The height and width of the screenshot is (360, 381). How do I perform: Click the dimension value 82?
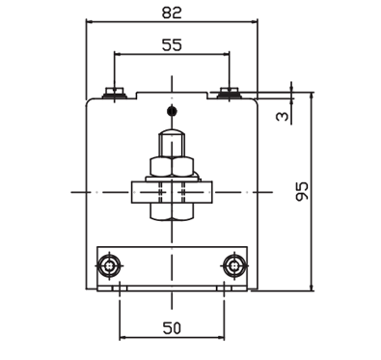pyautogui.click(x=172, y=13)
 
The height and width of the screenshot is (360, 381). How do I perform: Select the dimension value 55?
pyautogui.click(x=172, y=45)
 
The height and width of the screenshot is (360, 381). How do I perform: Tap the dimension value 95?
pyautogui.click(x=302, y=191)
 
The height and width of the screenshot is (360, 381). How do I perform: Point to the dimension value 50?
pyautogui.click(x=172, y=328)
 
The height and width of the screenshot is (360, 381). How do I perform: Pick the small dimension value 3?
pyautogui.click(x=283, y=116)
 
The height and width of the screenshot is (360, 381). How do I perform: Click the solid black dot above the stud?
pyautogui.click(x=173, y=111)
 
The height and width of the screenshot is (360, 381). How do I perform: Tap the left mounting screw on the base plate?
pyautogui.click(x=110, y=265)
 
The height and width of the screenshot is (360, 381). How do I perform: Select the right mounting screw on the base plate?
pyautogui.click(x=234, y=265)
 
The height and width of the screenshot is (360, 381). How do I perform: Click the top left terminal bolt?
pyautogui.click(x=115, y=93)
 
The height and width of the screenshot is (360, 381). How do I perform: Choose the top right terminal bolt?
pyautogui.click(x=229, y=93)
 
